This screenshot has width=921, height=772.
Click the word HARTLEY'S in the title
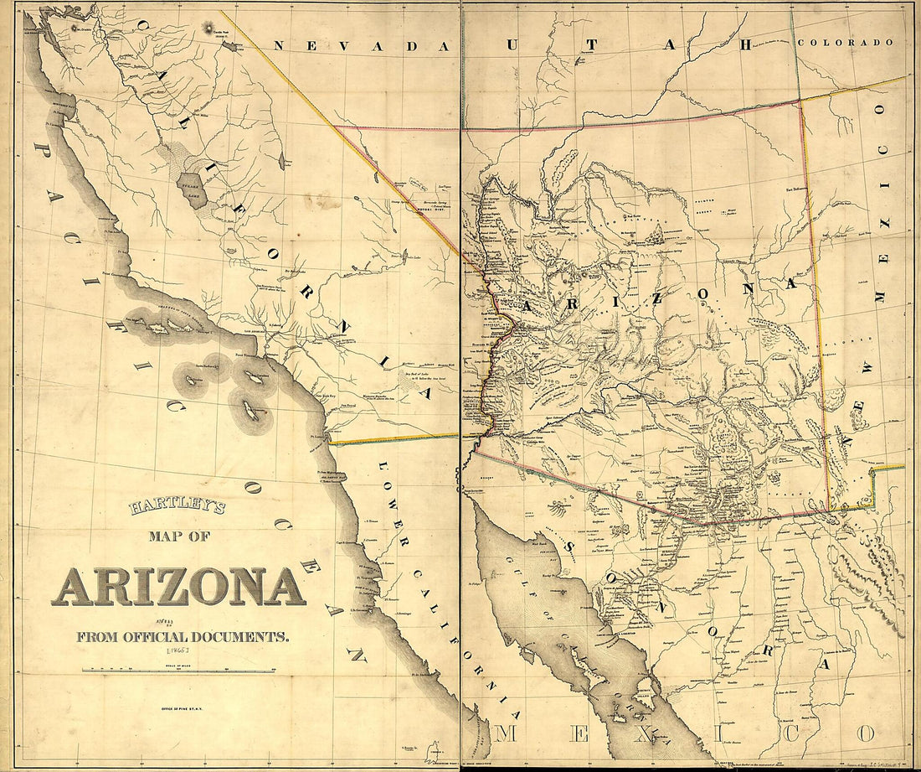178,508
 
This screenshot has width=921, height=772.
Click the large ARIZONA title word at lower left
178,587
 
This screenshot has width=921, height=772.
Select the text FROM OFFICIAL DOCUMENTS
183,637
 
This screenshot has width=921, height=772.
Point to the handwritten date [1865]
179,650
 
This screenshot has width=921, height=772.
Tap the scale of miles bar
178,671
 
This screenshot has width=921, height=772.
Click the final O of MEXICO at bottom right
864,734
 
